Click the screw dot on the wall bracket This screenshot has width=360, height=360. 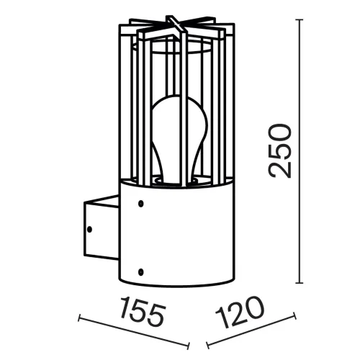[x=90, y=231]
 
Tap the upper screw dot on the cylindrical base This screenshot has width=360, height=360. [x=141, y=204]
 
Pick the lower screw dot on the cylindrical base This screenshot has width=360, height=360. [x=141, y=271]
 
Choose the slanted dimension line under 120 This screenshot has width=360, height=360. [x=252, y=330]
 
